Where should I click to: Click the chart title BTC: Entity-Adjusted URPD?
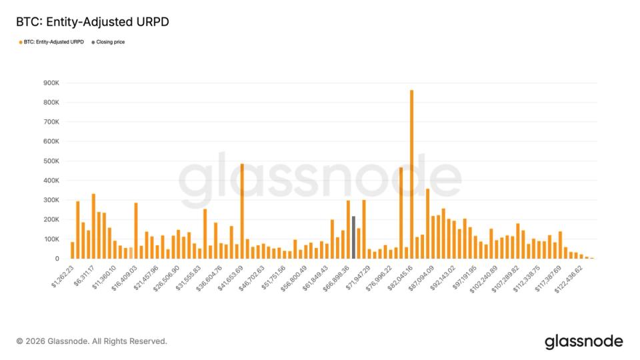(93, 22)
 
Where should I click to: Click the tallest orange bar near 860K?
(411, 174)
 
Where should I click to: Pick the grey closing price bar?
(353, 237)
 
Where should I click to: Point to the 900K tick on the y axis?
(51, 83)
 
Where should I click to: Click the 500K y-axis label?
(51, 161)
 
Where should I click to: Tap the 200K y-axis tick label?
(51, 219)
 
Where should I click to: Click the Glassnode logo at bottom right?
(583, 342)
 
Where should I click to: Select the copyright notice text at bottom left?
(91, 341)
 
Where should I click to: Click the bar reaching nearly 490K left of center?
(242, 211)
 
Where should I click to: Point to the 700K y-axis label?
(51, 122)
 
